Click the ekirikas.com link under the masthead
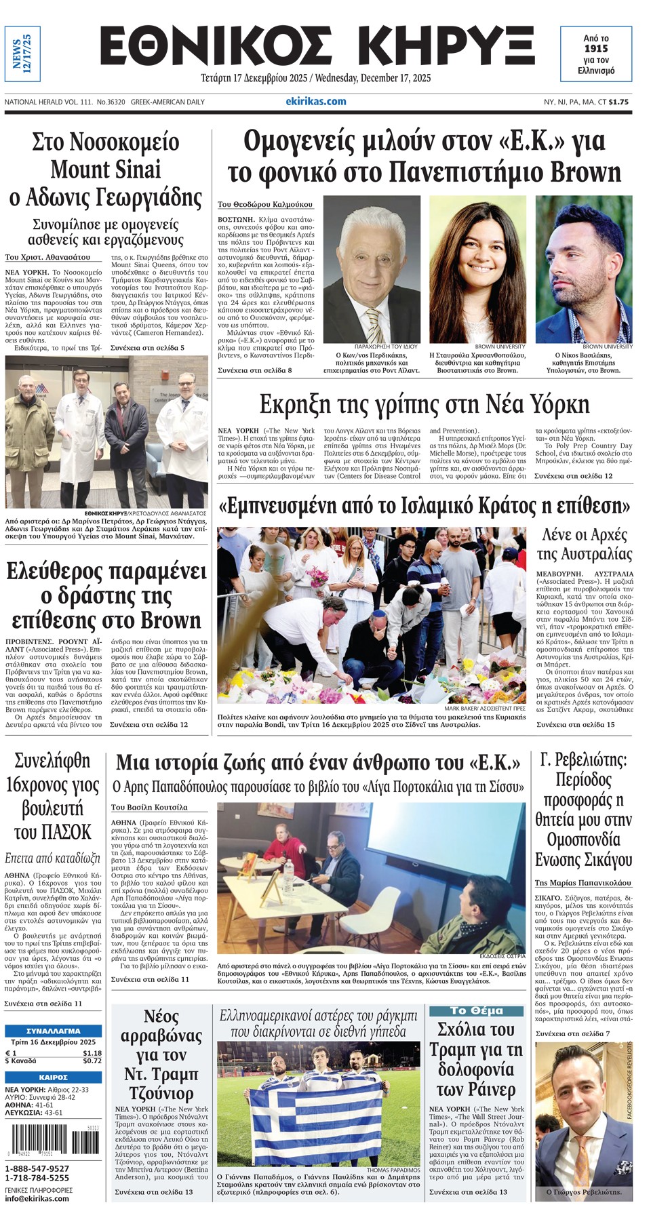point(316,102)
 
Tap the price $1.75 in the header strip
point(618,102)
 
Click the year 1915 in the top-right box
point(596,49)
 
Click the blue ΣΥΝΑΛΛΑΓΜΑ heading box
point(53,1031)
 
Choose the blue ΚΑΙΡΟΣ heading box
point(53,1077)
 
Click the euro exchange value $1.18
point(92,1053)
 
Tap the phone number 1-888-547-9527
point(37,1168)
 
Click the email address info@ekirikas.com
point(37,1198)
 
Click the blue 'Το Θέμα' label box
point(476,1010)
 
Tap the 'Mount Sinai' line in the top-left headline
point(106,170)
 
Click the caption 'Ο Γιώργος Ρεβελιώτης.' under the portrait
point(584,1191)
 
